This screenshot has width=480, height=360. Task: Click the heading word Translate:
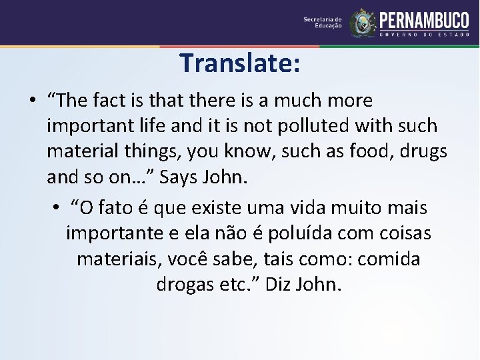click(239, 63)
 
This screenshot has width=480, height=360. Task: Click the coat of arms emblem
click(363, 23)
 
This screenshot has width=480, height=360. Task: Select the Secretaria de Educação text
click(322, 23)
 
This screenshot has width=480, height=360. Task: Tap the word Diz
click(278, 285)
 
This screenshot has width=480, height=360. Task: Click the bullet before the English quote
click(31, 101)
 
